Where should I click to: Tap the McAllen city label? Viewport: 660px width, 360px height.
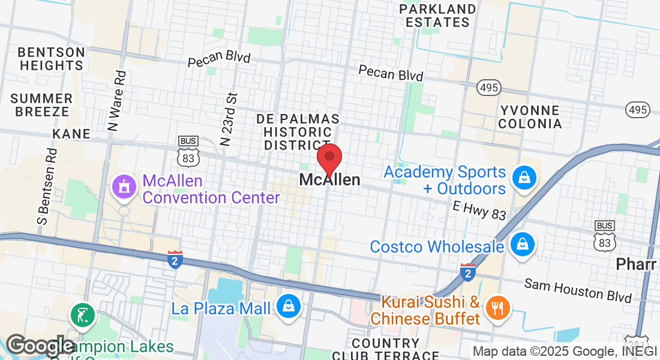click(329, 180)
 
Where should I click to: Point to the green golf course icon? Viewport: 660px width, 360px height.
click(82, 314)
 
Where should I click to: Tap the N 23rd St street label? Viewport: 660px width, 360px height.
click(230, 119)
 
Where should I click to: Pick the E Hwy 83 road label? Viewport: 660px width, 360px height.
click(479, 210)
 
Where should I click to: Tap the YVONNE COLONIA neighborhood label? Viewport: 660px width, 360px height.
click(529, 117)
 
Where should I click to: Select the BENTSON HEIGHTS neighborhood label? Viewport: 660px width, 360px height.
click(51, 58)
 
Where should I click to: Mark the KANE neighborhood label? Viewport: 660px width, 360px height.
click(71, 133)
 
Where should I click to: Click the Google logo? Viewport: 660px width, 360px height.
click(40, 346)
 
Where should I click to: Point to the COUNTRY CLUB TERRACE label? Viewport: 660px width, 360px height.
click(394, 349)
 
